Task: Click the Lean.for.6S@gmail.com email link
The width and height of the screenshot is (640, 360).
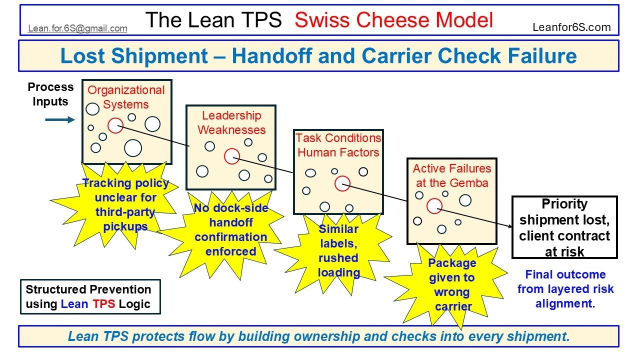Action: [x=77, y=28]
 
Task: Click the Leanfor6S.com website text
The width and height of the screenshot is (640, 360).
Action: [x=571, y=27]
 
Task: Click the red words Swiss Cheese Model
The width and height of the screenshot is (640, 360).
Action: [x=393, y=20]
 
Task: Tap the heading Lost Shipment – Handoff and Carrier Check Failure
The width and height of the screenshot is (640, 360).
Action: [x=318, y=56]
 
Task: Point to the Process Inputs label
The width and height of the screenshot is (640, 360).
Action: [x=50, y=94]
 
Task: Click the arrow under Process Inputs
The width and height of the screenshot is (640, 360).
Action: [x=59, y=120]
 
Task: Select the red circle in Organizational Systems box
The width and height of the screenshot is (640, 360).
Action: [x=115, y=125]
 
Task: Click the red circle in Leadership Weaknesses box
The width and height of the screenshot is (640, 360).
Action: [x=231, y=156]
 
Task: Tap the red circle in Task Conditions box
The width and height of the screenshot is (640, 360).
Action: [x=342, y=183]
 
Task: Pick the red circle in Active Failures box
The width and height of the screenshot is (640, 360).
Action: [x=434, y=205]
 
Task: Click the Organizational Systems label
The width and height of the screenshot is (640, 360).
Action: [x=126, y=97]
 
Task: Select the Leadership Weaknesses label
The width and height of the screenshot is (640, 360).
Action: [x=231, y=123]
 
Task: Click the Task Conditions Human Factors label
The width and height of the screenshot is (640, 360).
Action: [x=338, y=145]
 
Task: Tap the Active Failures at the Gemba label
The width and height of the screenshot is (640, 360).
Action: [x=452, y=175]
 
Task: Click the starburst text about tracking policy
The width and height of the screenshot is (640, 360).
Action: [x=125, y=204]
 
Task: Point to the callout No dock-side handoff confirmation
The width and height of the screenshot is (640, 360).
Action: [x=231, y=229]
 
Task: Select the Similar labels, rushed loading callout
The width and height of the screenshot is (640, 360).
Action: [x=338, y=250]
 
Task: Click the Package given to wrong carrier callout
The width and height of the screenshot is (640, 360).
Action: [x=452, y=284]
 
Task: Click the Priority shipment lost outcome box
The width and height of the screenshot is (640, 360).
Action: [x=564, y=227]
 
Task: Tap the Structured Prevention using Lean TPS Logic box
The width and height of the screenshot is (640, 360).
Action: [x=90, y=296]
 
